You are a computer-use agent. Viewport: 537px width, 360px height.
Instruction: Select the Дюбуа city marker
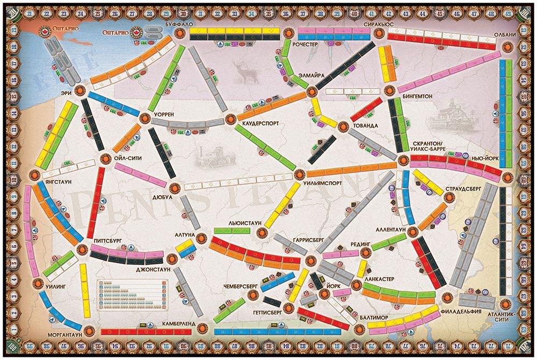[175, 189]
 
